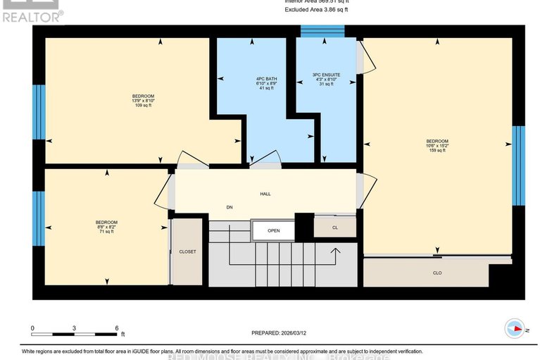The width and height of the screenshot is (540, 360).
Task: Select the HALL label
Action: click(x=265, y=194)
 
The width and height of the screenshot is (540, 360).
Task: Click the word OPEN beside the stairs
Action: click(x=274, y=230)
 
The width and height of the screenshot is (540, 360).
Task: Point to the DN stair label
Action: click(x=230, y=207)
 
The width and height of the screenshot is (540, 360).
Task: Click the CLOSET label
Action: click(x=187, y=252)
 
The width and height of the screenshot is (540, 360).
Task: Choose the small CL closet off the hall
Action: click(x=334, y=228)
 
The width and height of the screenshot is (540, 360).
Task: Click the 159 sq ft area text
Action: click(x=437, y=151)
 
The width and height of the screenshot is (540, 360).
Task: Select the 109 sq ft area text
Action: click(x=143, y=106)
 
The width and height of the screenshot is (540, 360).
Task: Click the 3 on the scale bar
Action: click(x=74, y=328)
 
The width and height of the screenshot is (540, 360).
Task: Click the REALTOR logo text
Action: click(x=32, y=14)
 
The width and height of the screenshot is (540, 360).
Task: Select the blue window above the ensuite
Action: click(x=322, y=30)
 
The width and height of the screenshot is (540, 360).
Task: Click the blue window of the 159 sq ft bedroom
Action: click(x=518, y=167)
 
